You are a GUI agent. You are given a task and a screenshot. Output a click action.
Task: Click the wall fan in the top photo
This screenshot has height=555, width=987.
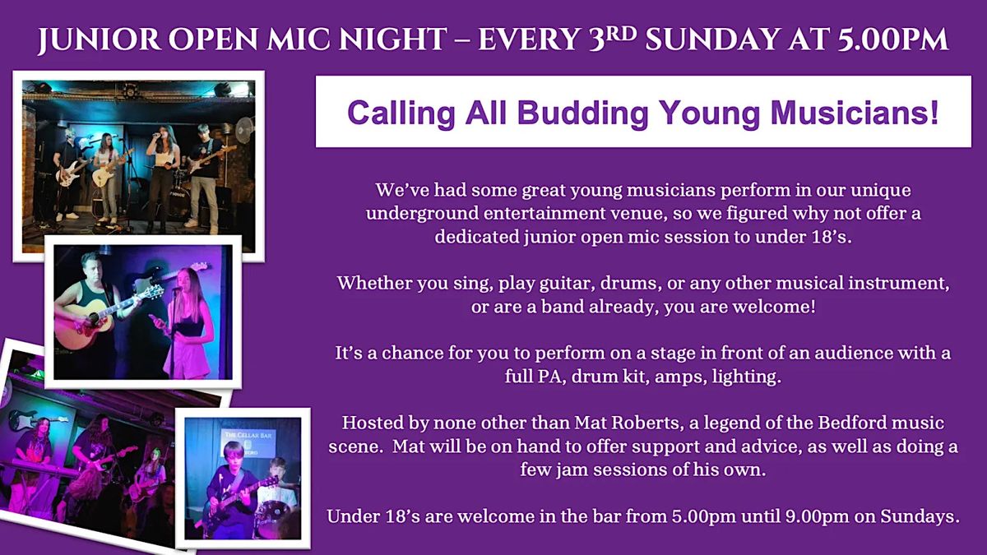pyautogui.click(x=244, y=131)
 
